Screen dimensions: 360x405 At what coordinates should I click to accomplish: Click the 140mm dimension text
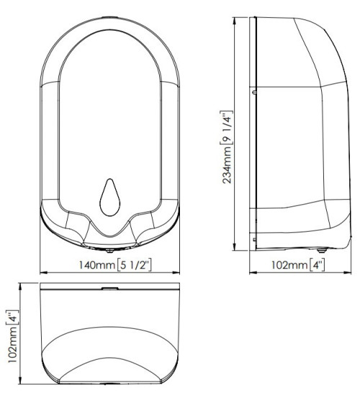(x=97, y=265)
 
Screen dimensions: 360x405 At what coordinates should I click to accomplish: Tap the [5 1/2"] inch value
(x=134, y=265)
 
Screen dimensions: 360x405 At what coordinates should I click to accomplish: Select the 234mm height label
(x=228, y=165)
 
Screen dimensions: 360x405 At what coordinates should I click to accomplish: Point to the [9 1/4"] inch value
(x=227, y=127)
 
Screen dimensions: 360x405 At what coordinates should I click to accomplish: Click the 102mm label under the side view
(x=289, y=265)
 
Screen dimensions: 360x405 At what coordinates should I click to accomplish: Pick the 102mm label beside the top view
(x=13, y=345)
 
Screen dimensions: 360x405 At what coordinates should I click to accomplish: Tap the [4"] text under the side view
(x=317, y=265)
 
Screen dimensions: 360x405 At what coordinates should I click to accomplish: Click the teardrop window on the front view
(x=110, y=197)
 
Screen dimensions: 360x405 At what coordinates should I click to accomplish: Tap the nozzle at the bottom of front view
(x=110, y=250)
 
